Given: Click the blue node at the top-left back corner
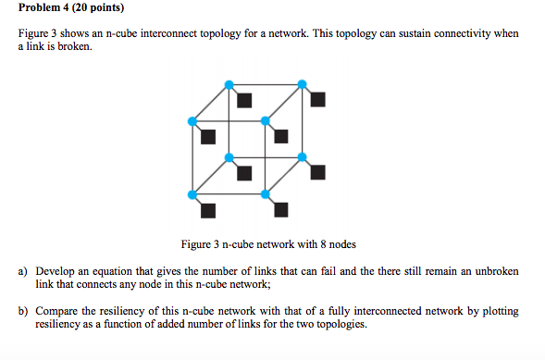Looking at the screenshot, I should tap(229, 85).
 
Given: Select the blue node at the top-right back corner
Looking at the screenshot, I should tap(303, 85).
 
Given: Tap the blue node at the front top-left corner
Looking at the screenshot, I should tap(192, 121).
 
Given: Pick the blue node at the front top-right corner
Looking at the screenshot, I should tap(266, 121).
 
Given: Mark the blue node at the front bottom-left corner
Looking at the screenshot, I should tap(192, 193).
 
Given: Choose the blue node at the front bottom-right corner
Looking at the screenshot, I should tap(266, 193).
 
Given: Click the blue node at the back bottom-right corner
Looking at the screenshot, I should tap(303, 157).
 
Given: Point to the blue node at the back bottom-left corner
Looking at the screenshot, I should tap(229, 157).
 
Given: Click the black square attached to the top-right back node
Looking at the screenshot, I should tap(317, 99).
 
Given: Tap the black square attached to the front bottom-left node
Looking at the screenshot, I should tap(207, 208).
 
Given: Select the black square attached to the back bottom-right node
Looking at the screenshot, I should tap(317, 172).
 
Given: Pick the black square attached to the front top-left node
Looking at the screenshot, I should tap(207, 136).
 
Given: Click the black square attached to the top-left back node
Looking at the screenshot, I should tap(244, 99).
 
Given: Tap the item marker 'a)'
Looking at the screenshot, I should tap(23, 272).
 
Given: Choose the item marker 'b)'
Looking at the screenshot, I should tap(23, 312).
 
